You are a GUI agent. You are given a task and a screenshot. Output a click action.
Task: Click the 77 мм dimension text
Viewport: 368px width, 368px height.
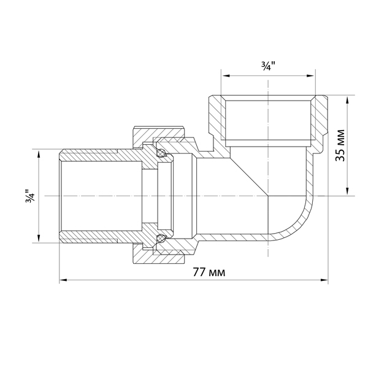click(x=209, y=272)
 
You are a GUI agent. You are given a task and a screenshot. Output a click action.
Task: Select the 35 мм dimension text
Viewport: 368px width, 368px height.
click(x=340, y=145)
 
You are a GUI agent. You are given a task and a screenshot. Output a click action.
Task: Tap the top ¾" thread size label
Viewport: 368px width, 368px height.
click(x=268, y=67)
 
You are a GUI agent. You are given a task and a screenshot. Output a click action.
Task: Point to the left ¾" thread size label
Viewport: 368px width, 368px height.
click(x=30, y=196)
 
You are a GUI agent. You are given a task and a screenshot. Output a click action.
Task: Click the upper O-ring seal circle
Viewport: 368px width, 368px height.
click(x=161, y=153)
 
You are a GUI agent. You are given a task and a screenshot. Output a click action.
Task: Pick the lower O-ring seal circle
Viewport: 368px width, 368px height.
click(x=161, y=238)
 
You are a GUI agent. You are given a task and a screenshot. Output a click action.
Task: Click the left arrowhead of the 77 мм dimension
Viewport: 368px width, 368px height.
click(x=63, y=280)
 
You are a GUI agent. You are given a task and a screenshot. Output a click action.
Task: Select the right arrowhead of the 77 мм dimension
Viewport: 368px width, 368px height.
click(x=324, y=280)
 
